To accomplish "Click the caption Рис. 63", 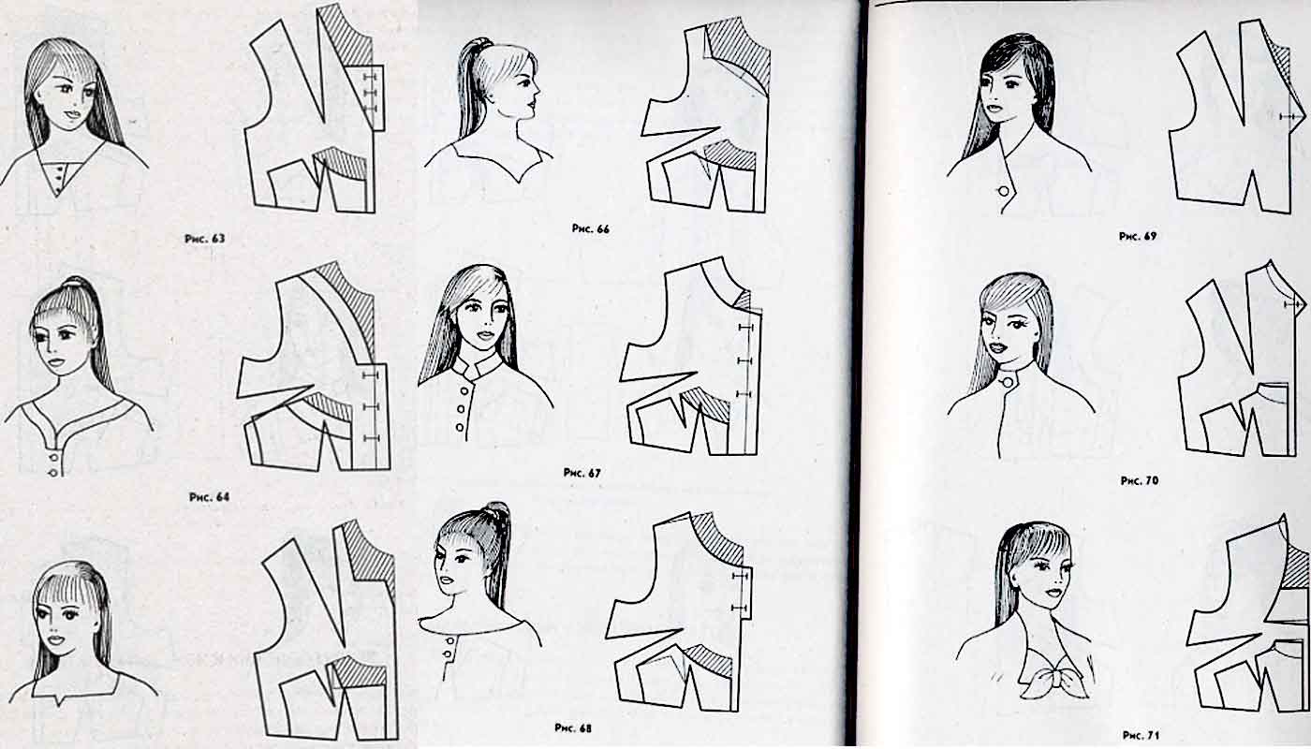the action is [x=204, y=239].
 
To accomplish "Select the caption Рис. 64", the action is [x=209, y=497].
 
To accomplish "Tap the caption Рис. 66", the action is [x=591, y=229].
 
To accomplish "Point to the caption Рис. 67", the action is [x=582, y=473].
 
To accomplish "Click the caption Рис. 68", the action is [x=573, y=728].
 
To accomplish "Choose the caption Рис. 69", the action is [x=1138, y=236].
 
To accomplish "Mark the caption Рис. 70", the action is [x=1139, y=481].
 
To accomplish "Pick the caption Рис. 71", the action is [x=1141, y=735].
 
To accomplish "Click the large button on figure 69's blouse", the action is [x=1004, y=191].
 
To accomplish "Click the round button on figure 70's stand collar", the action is [x=1008, y=382].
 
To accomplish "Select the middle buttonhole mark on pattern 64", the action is [x=371, y=406].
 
